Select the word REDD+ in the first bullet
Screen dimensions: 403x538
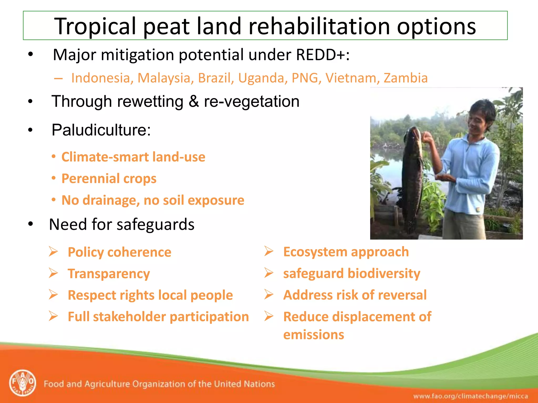coord(320,55)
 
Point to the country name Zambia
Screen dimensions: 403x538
coord(406,78)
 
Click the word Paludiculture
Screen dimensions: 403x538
coord(101,130)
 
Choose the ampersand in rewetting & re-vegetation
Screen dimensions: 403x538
coord(194,102)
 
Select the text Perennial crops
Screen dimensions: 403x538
coord(109,179)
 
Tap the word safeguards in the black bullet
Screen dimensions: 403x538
coord(155,225)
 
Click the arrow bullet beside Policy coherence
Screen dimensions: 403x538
coord(53,252)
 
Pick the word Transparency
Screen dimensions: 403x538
coord(109,274)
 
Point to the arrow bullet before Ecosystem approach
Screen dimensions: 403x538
coord(269,251)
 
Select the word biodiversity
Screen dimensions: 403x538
coord(384,273)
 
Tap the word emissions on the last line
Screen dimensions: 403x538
coord(313,335)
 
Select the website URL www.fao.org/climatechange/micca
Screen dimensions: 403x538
coord(470,396)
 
